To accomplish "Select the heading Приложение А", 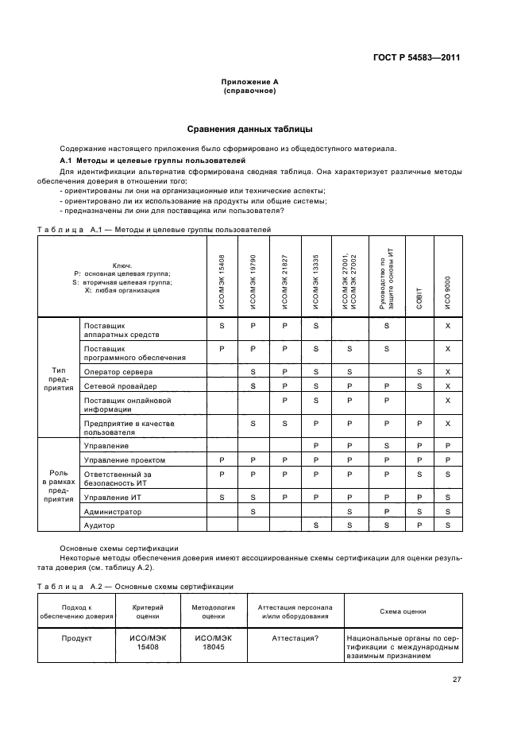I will coord(249,83).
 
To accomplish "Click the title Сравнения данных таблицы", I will coord(249,129).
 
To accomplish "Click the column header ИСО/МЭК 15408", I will coord(222,275).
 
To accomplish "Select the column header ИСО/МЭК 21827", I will coord(284,275).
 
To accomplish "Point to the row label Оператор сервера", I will coord(119,371).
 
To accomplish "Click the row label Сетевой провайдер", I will coord(119,386).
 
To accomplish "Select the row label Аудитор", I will coord(99,525).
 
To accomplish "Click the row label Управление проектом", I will coord(125,459).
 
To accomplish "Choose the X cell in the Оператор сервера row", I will coord(448,371).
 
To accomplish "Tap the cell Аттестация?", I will coord(295,637).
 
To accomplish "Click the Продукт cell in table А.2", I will coord(77,637).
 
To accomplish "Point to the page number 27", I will coord(457,679).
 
